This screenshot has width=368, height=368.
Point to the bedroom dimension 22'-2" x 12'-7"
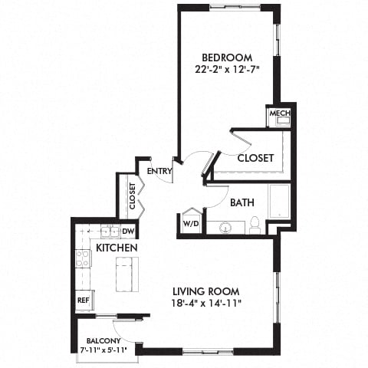228,71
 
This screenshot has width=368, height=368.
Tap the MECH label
277,117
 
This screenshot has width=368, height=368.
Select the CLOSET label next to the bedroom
255,158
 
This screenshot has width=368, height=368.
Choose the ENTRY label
159,170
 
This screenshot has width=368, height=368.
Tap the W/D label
189,225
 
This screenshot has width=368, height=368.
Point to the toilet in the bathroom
254,225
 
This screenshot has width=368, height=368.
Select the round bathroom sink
226,228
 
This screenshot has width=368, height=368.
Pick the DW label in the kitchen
128,232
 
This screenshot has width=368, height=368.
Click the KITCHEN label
117,248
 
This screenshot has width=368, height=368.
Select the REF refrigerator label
83,301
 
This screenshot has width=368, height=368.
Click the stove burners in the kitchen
82,258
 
